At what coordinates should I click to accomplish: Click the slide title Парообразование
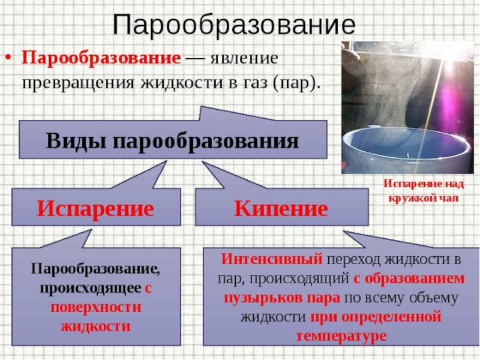click(x=234, y=25)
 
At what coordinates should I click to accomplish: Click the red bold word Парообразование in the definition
click(x=101, y=59)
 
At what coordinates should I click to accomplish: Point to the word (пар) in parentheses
click(x=295, y=82)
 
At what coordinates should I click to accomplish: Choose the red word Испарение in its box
click(x=95, y=208)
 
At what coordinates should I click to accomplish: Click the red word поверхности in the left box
click(x=95, y=307)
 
